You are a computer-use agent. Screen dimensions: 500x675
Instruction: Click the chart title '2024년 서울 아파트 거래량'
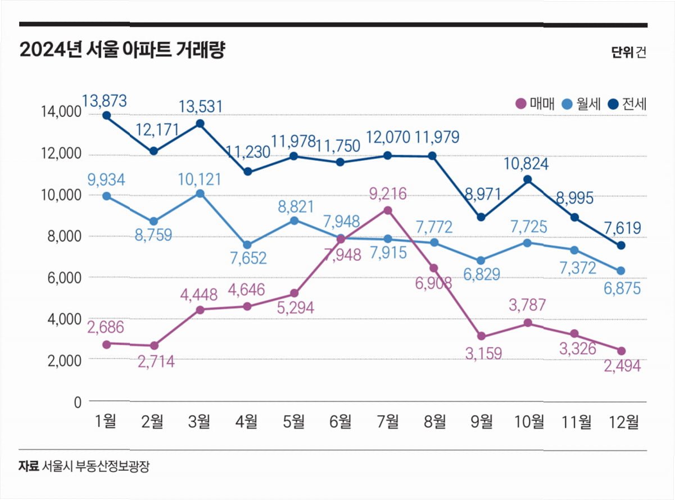tap(122, 51)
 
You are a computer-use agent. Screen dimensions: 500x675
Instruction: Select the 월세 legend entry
tap(582, 103)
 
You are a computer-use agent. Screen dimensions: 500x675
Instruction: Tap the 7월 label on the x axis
tap(388, 420)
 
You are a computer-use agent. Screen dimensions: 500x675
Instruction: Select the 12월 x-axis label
tap(624, 420)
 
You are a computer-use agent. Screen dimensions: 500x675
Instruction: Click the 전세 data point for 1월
tap(106, 116)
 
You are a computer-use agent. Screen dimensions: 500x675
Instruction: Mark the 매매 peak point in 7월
tap(388, 210)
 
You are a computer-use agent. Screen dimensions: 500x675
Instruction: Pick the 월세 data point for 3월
tap(200, 193)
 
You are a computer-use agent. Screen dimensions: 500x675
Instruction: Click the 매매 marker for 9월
tap(481, 336)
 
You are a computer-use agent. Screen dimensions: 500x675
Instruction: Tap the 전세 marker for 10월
tap(528, 179)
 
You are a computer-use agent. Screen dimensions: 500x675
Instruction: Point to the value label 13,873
tap(105, 101)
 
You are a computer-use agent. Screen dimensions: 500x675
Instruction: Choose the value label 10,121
tap(200, 179)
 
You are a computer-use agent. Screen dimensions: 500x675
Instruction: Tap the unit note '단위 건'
tap(629, 52)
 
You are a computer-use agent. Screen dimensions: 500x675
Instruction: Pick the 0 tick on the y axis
tap(78, 402)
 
